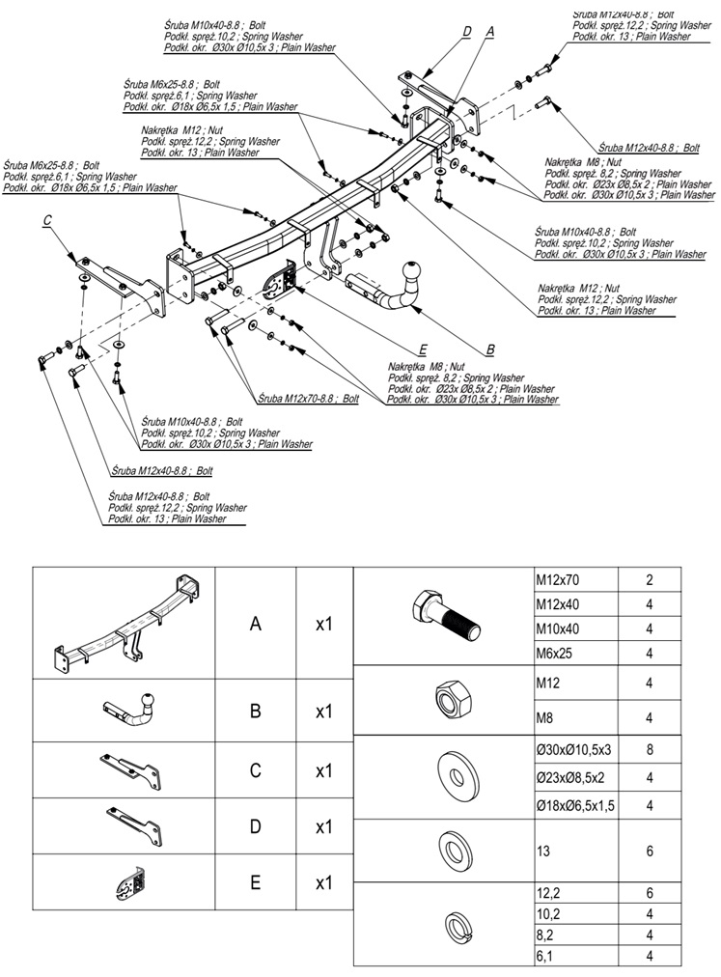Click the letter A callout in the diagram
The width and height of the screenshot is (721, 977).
[489, 32]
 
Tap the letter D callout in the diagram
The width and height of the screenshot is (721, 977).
[467, 32]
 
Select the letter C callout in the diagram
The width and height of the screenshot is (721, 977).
[46, 221]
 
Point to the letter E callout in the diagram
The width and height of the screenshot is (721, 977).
[423, 348]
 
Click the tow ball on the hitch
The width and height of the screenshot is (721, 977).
[411, 271]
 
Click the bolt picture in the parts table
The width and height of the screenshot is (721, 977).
[443, 616]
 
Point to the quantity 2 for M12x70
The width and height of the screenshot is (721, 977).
[650, 581]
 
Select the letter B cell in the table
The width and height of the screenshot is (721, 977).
[255, 712]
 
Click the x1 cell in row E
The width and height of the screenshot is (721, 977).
[324, 882]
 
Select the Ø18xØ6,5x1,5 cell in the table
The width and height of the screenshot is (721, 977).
[575, 805]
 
